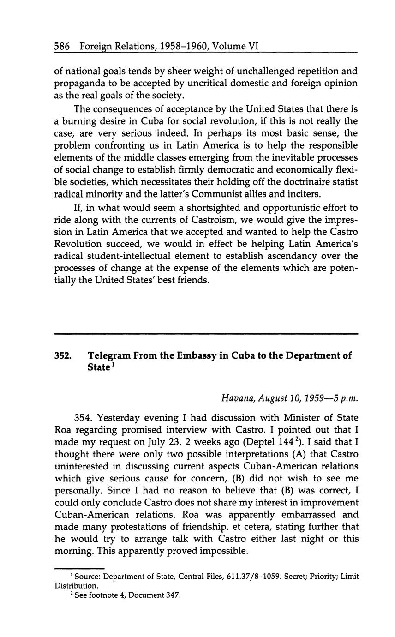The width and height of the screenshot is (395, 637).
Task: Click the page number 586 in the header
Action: tap(62, 46)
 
